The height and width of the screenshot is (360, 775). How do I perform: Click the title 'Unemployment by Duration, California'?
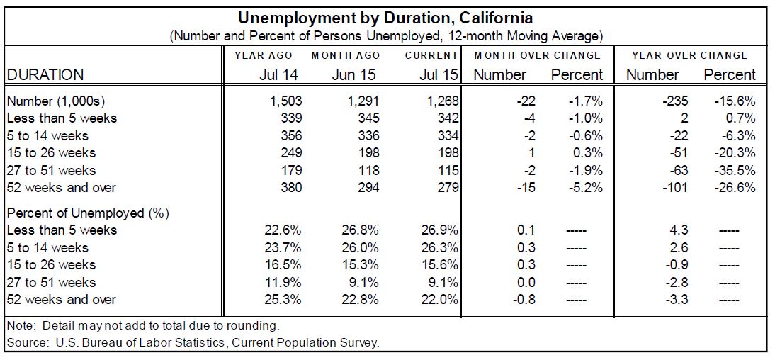(385, 17)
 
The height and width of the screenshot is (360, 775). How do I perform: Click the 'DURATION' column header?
(45, 74)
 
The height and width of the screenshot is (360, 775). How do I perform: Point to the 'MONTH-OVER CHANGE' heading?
(538, 55)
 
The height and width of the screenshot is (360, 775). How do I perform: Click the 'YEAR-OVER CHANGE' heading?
(690, 55)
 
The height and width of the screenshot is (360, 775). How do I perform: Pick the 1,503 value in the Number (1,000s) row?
(286, 101)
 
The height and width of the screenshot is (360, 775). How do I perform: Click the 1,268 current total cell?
(441, 101)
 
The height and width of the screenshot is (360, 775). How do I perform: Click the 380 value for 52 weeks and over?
(290, 188)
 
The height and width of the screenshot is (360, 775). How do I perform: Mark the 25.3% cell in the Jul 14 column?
(283, 300)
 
